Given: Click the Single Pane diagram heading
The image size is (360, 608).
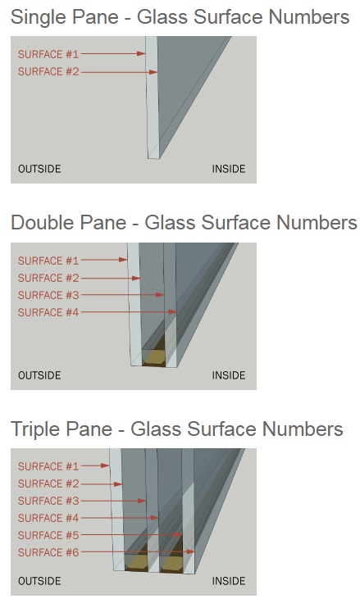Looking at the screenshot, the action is tap(180, 17).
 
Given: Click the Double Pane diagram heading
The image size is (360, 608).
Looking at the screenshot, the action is tap(184, 223).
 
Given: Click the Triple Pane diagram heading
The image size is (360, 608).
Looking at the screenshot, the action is tap(177, 429).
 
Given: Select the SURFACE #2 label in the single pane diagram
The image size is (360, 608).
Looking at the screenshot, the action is tap(48, 72).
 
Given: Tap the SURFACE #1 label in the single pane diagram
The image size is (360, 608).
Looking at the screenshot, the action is tap(48, 54).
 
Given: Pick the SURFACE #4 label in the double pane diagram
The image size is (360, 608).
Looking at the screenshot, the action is tap(48, 312).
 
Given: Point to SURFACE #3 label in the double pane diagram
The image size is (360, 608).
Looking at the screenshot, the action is tap(48, 295).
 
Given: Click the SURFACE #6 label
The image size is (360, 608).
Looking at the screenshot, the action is tap(48, 552).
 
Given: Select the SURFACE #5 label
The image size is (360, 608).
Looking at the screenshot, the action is tap(48, 535).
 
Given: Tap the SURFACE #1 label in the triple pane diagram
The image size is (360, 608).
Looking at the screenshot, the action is tap(48, 466).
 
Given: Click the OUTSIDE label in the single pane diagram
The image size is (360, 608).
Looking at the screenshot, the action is tap(39, 169).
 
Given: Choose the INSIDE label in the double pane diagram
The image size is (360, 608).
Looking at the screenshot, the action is tap(229, 375).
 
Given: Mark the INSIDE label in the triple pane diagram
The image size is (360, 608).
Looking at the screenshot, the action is tap(229, 581).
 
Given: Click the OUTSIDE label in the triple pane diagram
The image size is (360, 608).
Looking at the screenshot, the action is tap(39, 581).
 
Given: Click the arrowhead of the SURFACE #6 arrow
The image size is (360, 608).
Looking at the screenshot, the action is tap(191, 551).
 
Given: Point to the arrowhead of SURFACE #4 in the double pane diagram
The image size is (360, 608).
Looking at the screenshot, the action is tap(173, 311).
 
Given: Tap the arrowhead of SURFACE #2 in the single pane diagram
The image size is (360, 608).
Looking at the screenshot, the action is tap(153, 72).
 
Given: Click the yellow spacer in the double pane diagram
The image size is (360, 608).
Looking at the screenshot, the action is tap(153, 356).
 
